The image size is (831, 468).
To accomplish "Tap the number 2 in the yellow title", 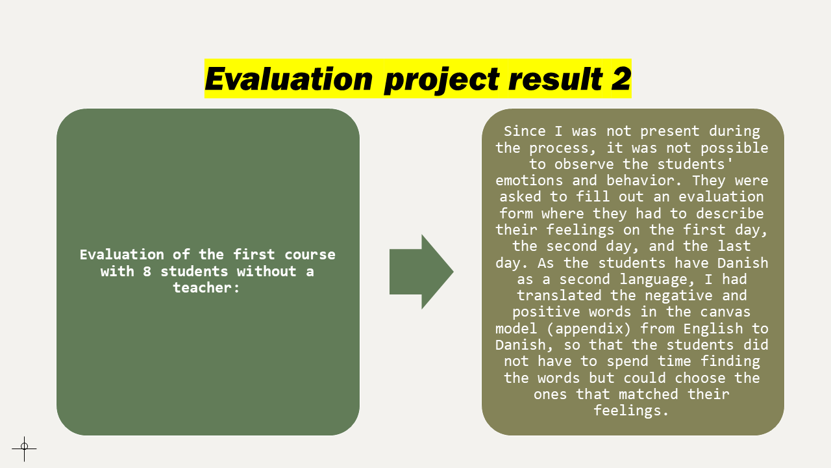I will point(621,79).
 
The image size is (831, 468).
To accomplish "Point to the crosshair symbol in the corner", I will point(24,447).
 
